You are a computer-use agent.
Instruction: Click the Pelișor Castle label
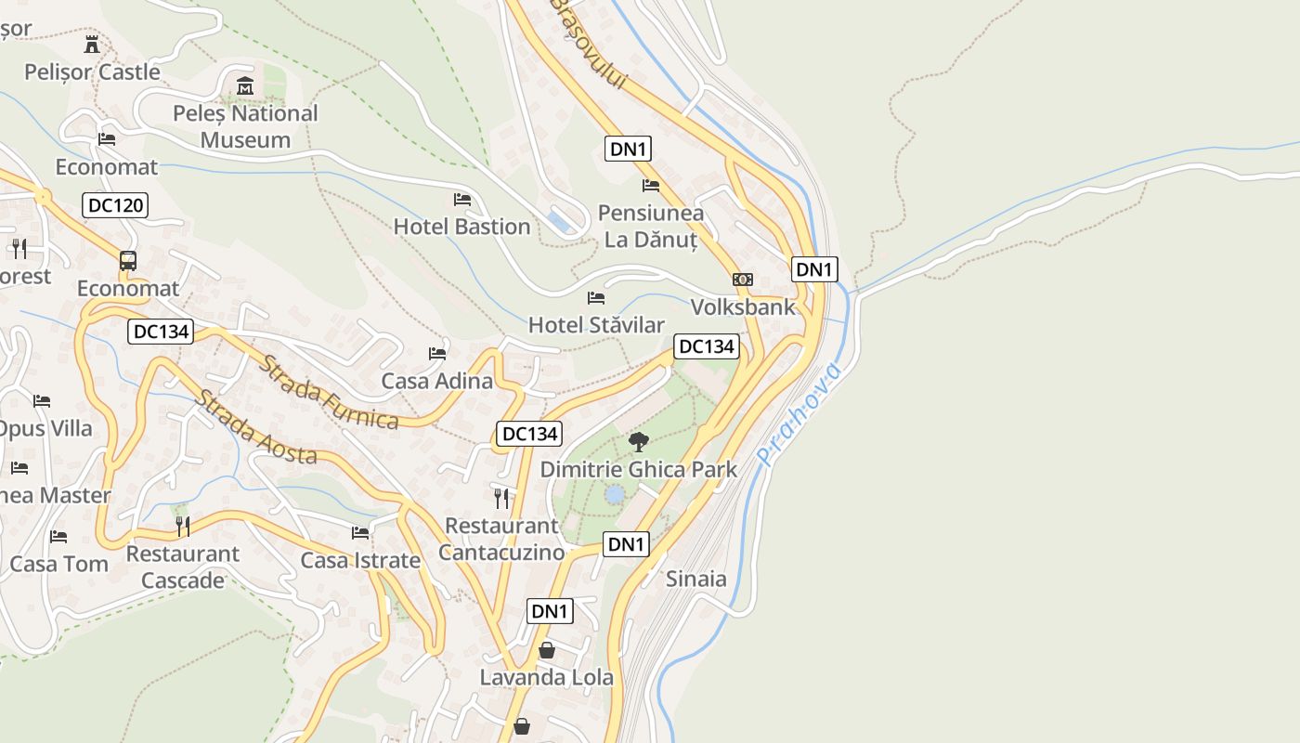(92, 72)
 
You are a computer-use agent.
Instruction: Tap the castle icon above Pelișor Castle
(92, 44)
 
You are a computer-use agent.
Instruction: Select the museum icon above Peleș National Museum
(245, 85)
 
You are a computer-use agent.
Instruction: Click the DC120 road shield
(115, 205)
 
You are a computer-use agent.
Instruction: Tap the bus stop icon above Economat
(128, 261)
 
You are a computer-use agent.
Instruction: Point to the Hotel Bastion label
(461, 227)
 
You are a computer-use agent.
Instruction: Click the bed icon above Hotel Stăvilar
(596, 298)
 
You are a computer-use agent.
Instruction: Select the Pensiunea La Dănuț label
(650, 226)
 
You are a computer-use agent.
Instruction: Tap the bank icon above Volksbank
(743, 280)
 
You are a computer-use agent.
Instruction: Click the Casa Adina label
(436, 381)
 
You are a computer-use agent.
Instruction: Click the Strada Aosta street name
(255, 427)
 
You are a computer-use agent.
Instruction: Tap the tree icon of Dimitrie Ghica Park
(638, 442)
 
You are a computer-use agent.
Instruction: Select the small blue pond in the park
(614, 494)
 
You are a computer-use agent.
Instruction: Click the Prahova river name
(799, 414)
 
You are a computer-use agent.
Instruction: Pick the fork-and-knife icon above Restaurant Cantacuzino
(501, 499)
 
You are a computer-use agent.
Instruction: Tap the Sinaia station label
(696, 579)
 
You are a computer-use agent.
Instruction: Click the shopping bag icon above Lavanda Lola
(547, 650)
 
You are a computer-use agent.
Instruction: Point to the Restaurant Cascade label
(183, 567)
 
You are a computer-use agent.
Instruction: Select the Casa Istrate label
(360, 561)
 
